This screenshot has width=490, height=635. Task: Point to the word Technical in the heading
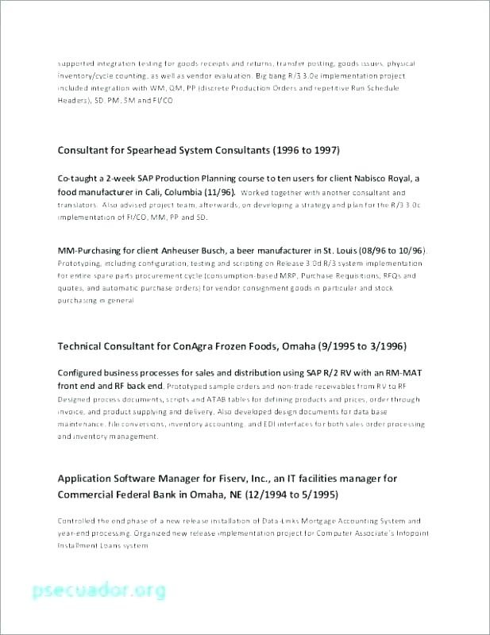[83, 346]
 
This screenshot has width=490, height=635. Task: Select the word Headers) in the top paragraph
[75, 102]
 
